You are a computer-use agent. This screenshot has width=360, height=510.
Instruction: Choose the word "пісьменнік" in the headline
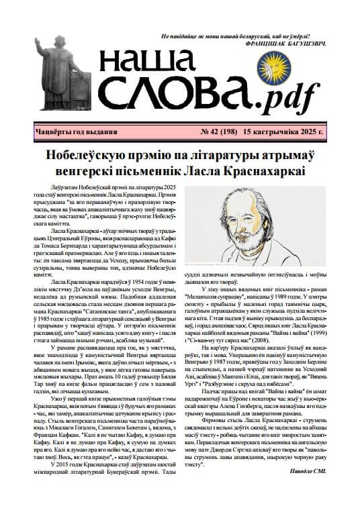(171, 170)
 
